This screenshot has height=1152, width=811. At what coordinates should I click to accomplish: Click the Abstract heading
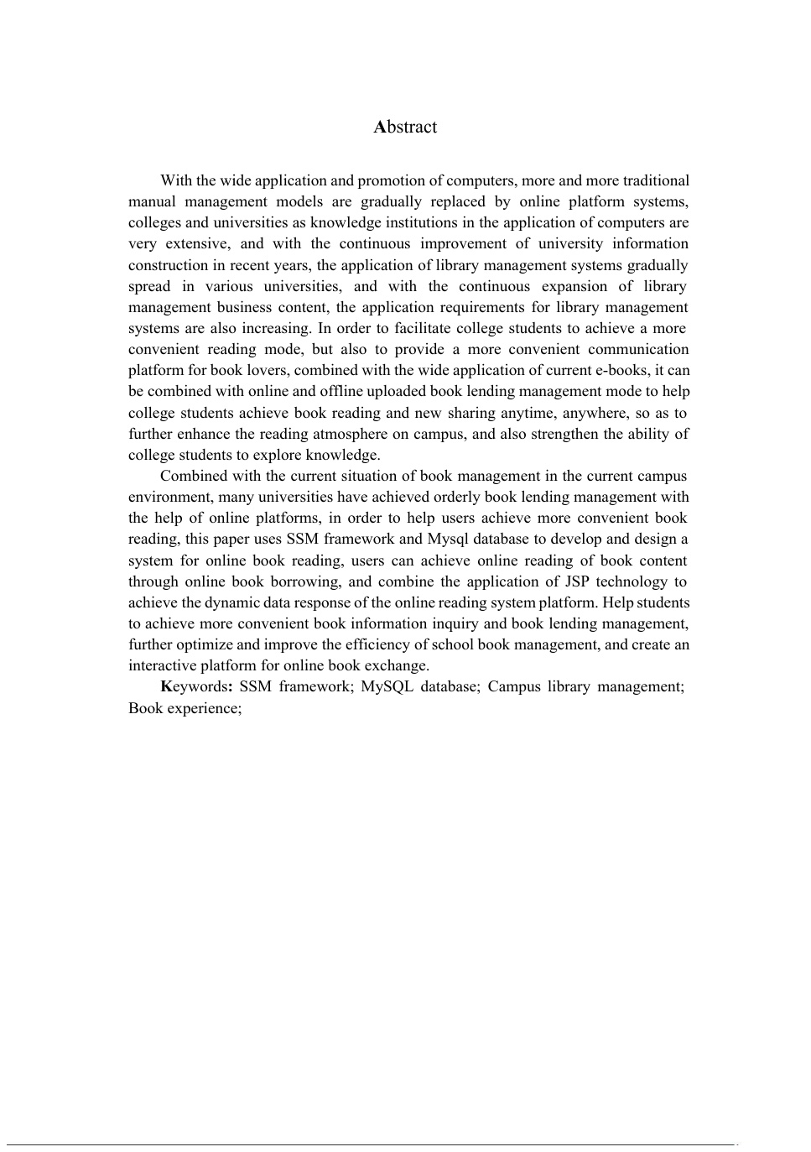tap(405, 127)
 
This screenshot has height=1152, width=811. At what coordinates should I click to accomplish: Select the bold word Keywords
tap(194, 686)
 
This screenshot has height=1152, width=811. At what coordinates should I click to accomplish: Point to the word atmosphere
tap(350, 434)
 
